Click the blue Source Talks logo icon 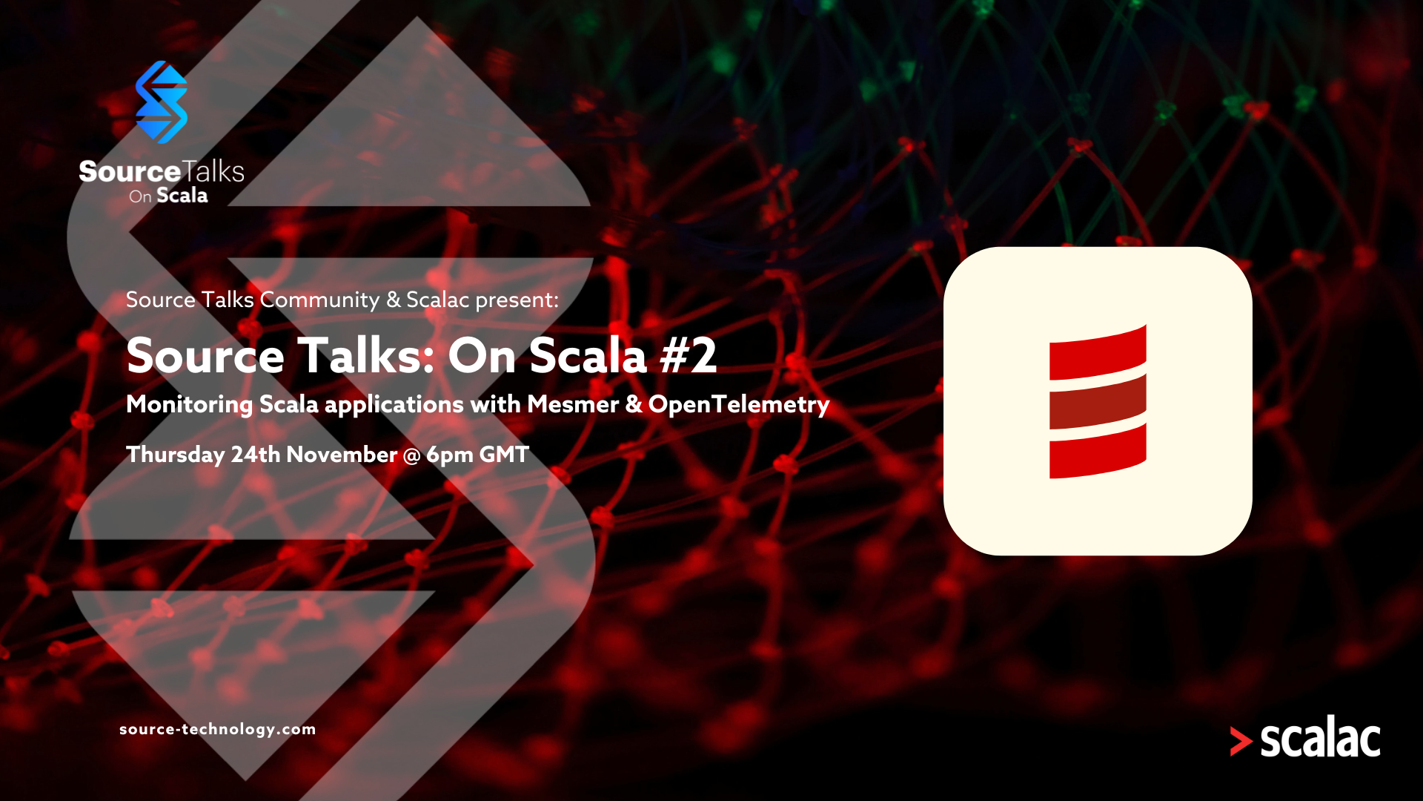click(162, 102)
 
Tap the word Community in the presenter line click(319, 300)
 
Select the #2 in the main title click(689, 355)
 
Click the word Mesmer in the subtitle click(573, 404)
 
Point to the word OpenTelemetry click(739, 405)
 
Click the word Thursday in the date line click(175, 455)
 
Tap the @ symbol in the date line click(411, 455)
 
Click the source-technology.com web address click(218, 729)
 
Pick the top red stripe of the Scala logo click(1098, 353)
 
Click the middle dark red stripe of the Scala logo click(1098, 402)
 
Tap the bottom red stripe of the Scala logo click(1098, 451)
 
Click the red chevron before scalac click(1241, 741)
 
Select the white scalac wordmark click(1320, 737)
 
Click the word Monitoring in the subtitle click(190, 405)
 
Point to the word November click(342, 455)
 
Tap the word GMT click(504, 455)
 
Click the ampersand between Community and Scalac click(394, 300)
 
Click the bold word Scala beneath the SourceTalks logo click(182, 196)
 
